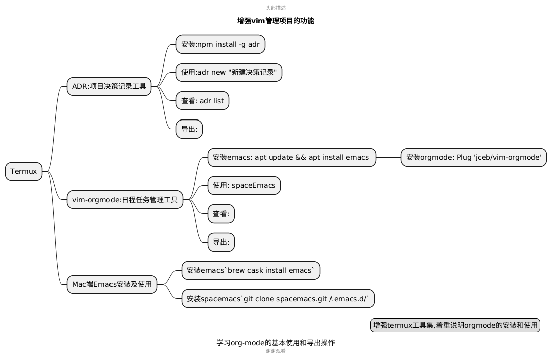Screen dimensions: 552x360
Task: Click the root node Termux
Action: pyautogui.click(x=24, y=171)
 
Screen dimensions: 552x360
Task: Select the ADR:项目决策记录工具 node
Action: pyautogui.click(x=109, y=86)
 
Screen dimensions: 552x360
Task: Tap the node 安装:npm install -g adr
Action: pyautogui.click(x=220, y=44)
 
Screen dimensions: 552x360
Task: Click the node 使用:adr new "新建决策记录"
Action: pyautogui.click(x=229, y=72)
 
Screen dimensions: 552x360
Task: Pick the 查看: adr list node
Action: pyautogui.click(x=202, y=101)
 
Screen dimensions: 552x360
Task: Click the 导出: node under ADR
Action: pyautogui.click(x=189, y=129)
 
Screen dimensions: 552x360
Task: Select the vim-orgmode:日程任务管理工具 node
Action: pyautogui.click(x=125, y=200)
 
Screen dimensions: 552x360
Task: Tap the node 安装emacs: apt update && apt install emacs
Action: pyautogui.click(x=292, y=157)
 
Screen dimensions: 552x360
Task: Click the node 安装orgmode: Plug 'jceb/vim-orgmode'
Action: pyautogui.click(x=474, y=157)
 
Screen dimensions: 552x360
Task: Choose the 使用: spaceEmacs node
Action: pyautogui.click(x=244, y=185)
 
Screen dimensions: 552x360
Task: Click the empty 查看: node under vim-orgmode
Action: pyautogui.click(x=221, y=214)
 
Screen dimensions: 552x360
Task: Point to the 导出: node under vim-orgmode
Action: pyautogui.click(x=221, y=242)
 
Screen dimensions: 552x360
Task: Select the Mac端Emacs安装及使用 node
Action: pyautogui.click(x=112, y=284)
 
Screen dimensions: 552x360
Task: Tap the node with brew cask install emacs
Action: pyautogui.click(x=251, y=270)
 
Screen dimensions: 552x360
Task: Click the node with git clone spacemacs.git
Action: pyautogui.click(x=278, y=299)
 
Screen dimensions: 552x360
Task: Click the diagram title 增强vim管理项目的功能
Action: pyautogui.click(x=276, y=21)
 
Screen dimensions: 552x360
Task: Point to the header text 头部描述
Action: pyautogui.click(x=276, y=8)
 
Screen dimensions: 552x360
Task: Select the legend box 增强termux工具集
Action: pyautogui.click(x=455, y=325)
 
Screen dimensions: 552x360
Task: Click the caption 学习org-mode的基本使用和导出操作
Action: pyautogui.click(x=276, y=343)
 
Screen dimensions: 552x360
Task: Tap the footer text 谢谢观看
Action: pyautogui.click(x=276, y=351)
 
